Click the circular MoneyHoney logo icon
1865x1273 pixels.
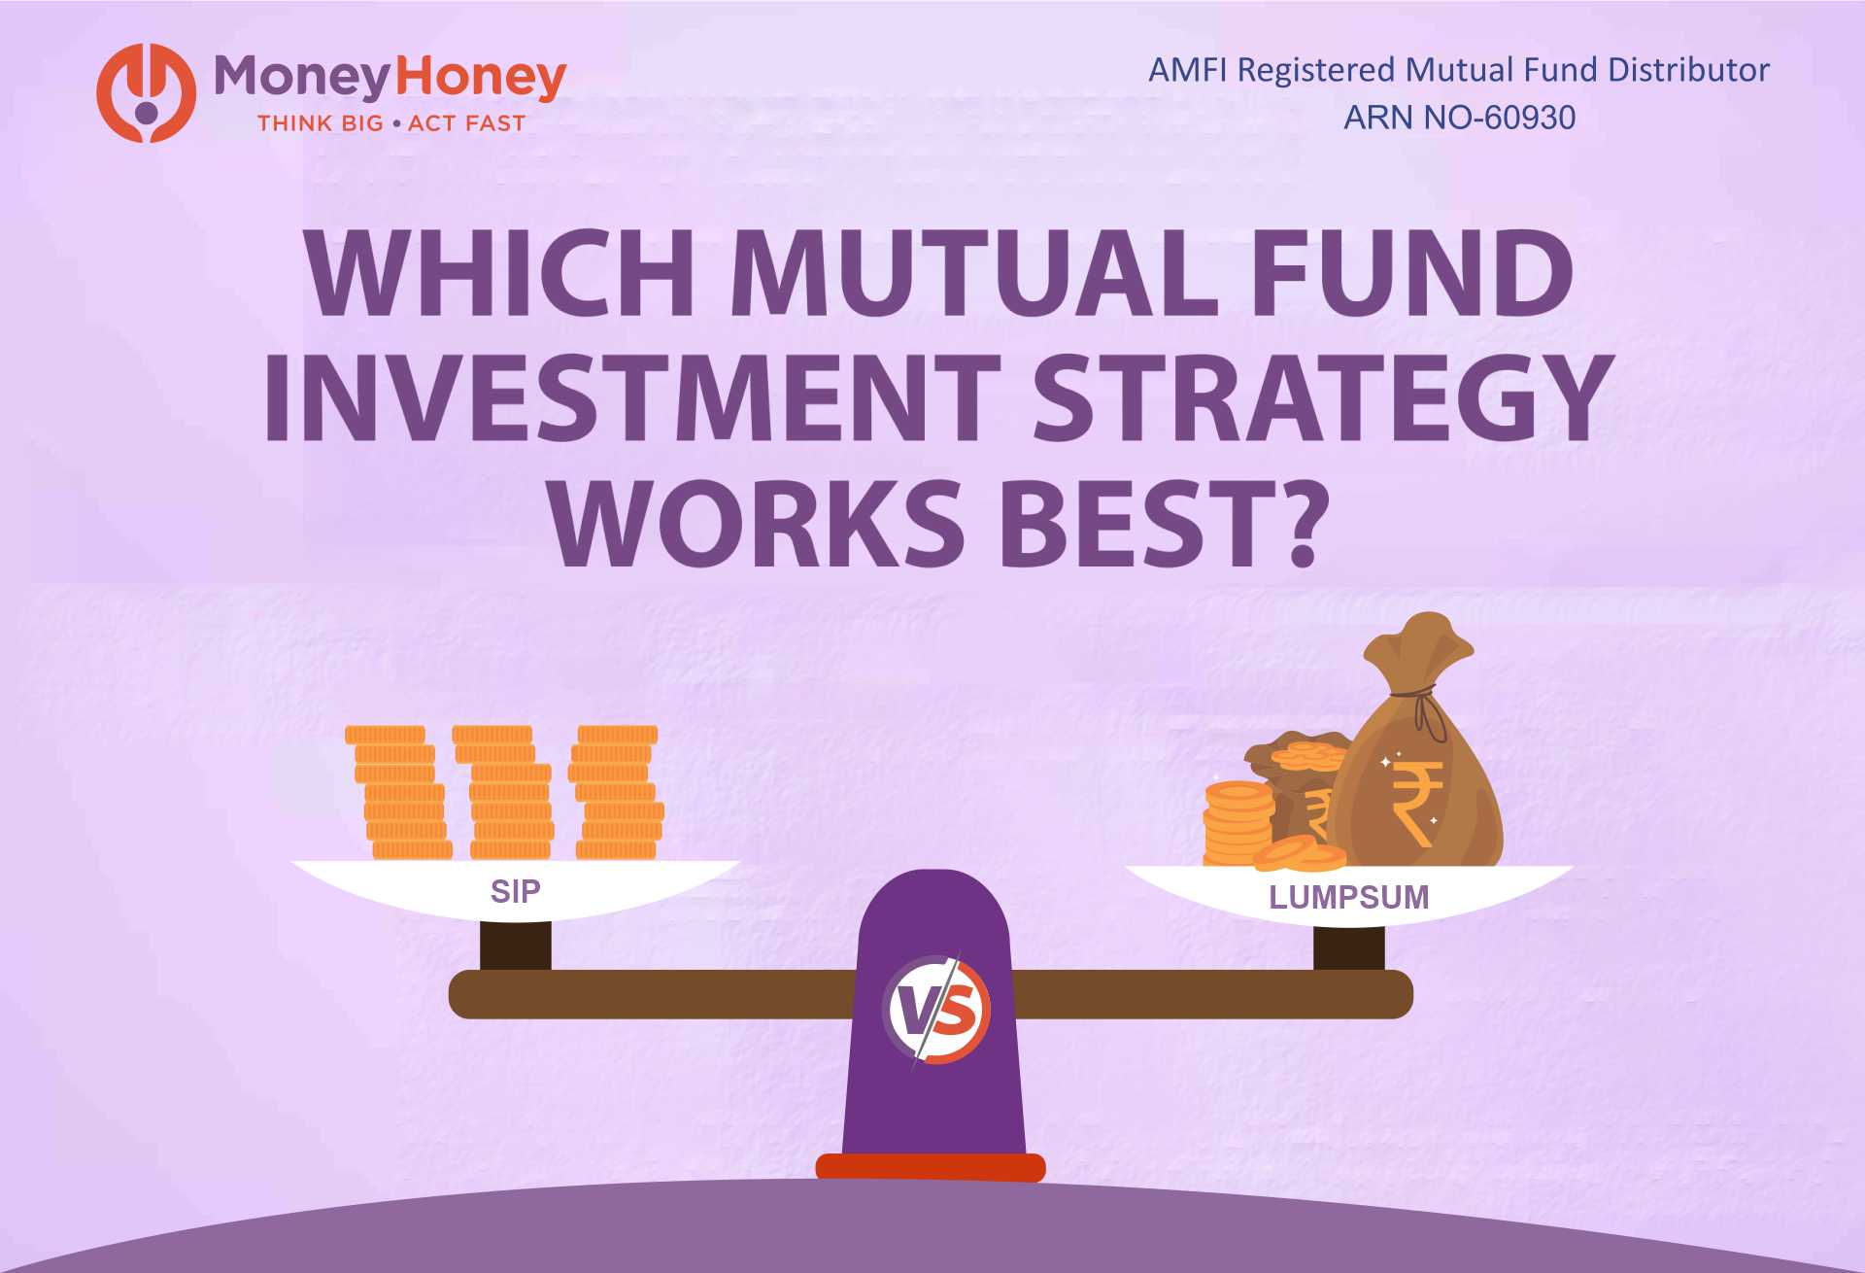(146, 93)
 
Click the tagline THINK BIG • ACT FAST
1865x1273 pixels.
(390, 123)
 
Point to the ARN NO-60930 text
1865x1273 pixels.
(1459, 118)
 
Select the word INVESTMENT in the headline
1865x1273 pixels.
(632, 397)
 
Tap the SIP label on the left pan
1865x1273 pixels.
(515, 891)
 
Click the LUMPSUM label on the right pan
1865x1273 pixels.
(1348, 897)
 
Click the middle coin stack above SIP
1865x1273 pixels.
(507, 792)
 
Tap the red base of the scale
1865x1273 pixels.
(930, 1166)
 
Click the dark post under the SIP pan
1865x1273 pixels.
(515, 945)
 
